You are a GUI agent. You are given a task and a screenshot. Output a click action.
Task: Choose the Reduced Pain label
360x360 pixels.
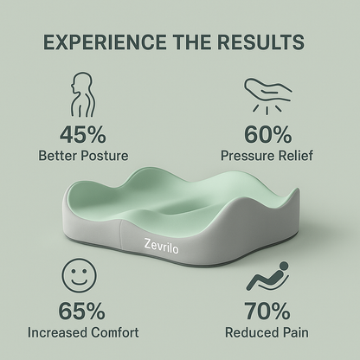tap(268, 331)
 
